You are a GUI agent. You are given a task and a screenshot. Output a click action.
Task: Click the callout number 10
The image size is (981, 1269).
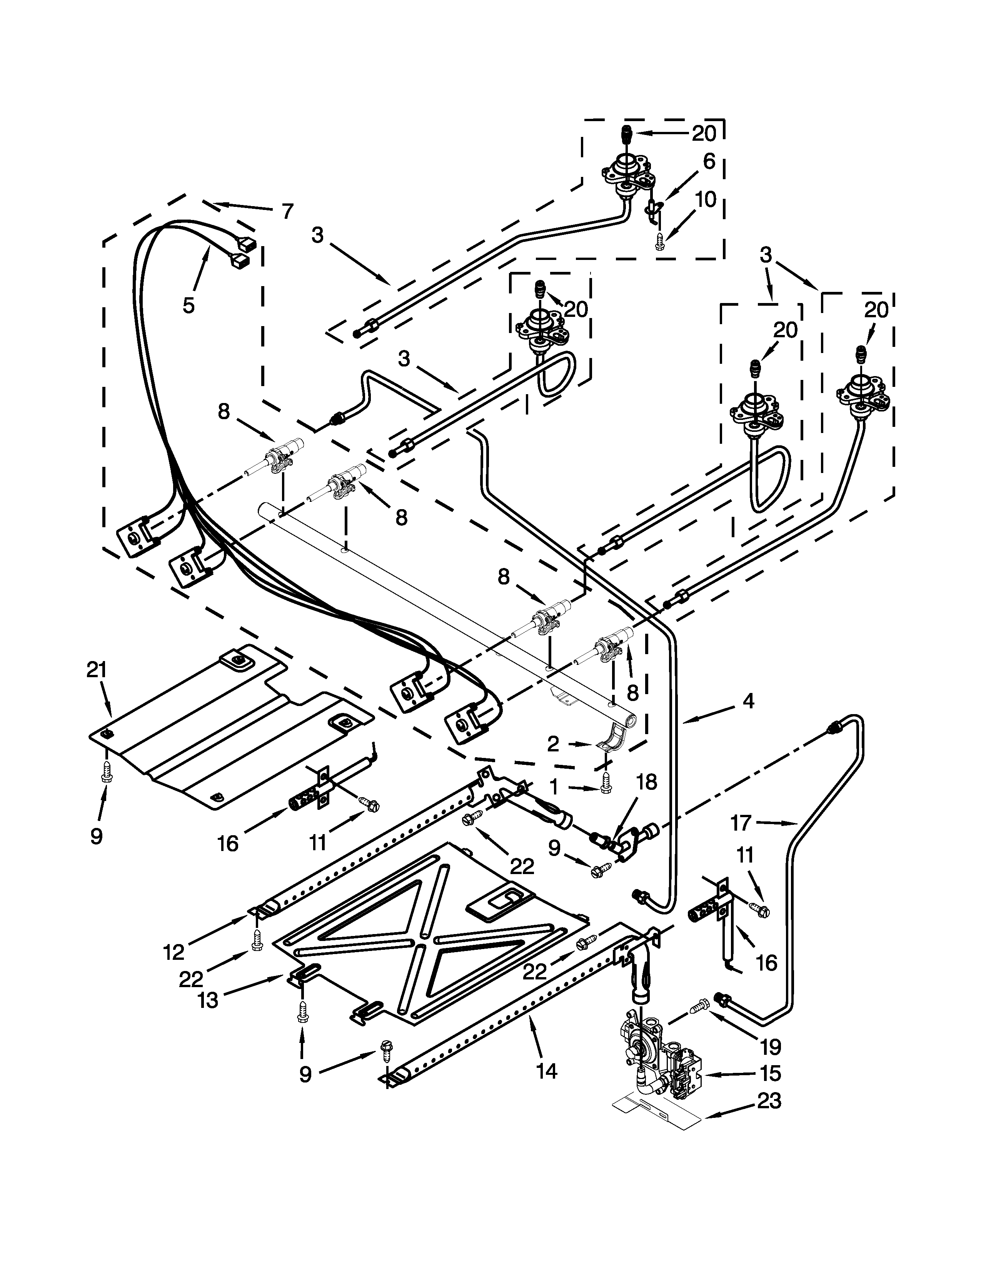point(706,199)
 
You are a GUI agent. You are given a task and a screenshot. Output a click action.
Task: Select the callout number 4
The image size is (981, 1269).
point(749,701)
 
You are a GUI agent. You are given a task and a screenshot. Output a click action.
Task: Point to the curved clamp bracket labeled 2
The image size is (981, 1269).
point(610,738)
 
